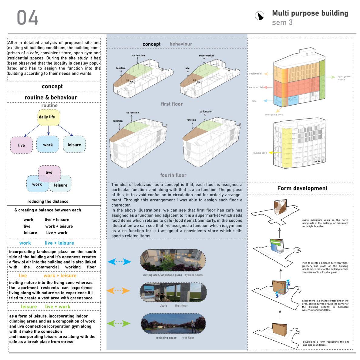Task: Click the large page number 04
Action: click(x=28, y=18)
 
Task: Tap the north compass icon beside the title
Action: click(x=259, y=15)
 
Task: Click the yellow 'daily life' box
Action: click(x=49, y=117)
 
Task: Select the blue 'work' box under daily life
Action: click(x=48, y=145)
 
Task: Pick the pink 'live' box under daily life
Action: click(x=21, y=145)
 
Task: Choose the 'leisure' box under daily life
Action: click(x=74, y=145)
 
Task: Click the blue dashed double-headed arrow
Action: click(x=119, y=262)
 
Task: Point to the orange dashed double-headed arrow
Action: click(x=118, y=291)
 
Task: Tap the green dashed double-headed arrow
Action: click(x=119, y=323)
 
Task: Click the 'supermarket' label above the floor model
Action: click(x=206, y=56)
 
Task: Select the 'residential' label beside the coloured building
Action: click(x=255, y=74)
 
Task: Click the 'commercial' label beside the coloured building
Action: click(x=256, y=87)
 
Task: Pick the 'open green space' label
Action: click(x=344, y=78)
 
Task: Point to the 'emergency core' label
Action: click(x=274, y=114)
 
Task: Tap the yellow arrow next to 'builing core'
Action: click(x=272, y=153)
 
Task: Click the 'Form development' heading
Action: click(x=302, y=188)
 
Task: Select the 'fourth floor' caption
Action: click(x=173, y=175)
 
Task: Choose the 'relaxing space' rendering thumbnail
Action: click(x=173, y=324)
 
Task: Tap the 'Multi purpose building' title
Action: click(x=310, y=13)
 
